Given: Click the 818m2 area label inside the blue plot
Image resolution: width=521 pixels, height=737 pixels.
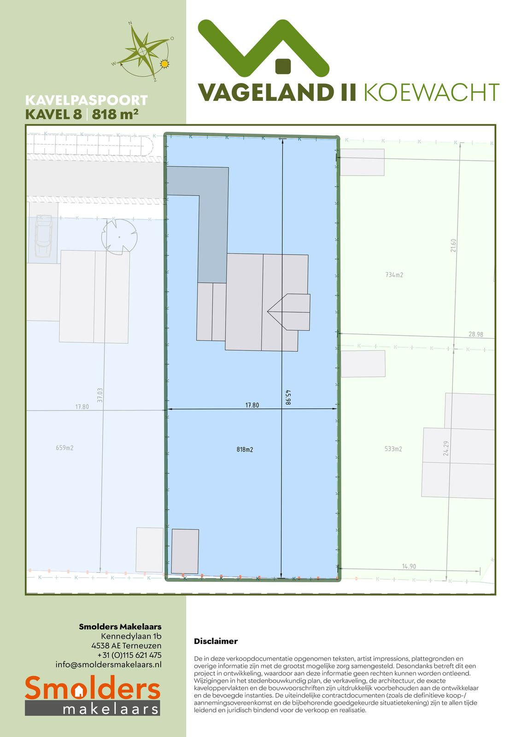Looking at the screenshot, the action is coord(245,450).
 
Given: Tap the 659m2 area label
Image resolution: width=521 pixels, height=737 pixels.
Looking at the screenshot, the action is coord(64,448).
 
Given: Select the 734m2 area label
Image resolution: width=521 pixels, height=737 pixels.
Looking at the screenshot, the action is coord(394,275).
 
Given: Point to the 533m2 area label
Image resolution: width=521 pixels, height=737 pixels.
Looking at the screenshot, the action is coord(393,449).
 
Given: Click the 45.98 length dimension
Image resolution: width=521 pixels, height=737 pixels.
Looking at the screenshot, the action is coord(288,397).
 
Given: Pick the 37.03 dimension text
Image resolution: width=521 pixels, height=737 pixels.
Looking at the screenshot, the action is coord(100,395).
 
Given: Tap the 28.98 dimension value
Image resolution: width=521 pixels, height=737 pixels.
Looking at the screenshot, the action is coord(475,334).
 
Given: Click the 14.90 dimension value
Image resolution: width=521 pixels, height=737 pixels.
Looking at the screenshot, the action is coord(409,575).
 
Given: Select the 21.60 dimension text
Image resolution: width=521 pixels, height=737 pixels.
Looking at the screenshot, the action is coord(454,246).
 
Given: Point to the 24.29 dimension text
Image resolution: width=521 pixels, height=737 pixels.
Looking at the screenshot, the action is coord(446,448).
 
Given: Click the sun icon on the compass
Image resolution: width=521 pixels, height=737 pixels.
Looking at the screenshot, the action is coord(164,64).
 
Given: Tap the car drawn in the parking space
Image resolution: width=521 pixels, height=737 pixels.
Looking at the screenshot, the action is coord(44,235).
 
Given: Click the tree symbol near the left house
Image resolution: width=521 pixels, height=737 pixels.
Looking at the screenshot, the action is coord(119,237).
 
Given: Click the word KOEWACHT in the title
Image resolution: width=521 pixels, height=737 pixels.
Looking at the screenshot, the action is coord(432,92).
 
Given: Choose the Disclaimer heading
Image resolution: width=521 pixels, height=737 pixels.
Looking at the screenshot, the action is coord(216,641).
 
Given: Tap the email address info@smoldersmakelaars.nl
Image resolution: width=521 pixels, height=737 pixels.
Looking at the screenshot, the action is coord(109,664).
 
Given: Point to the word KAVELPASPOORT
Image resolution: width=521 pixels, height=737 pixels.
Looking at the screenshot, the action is coord(86,100).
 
